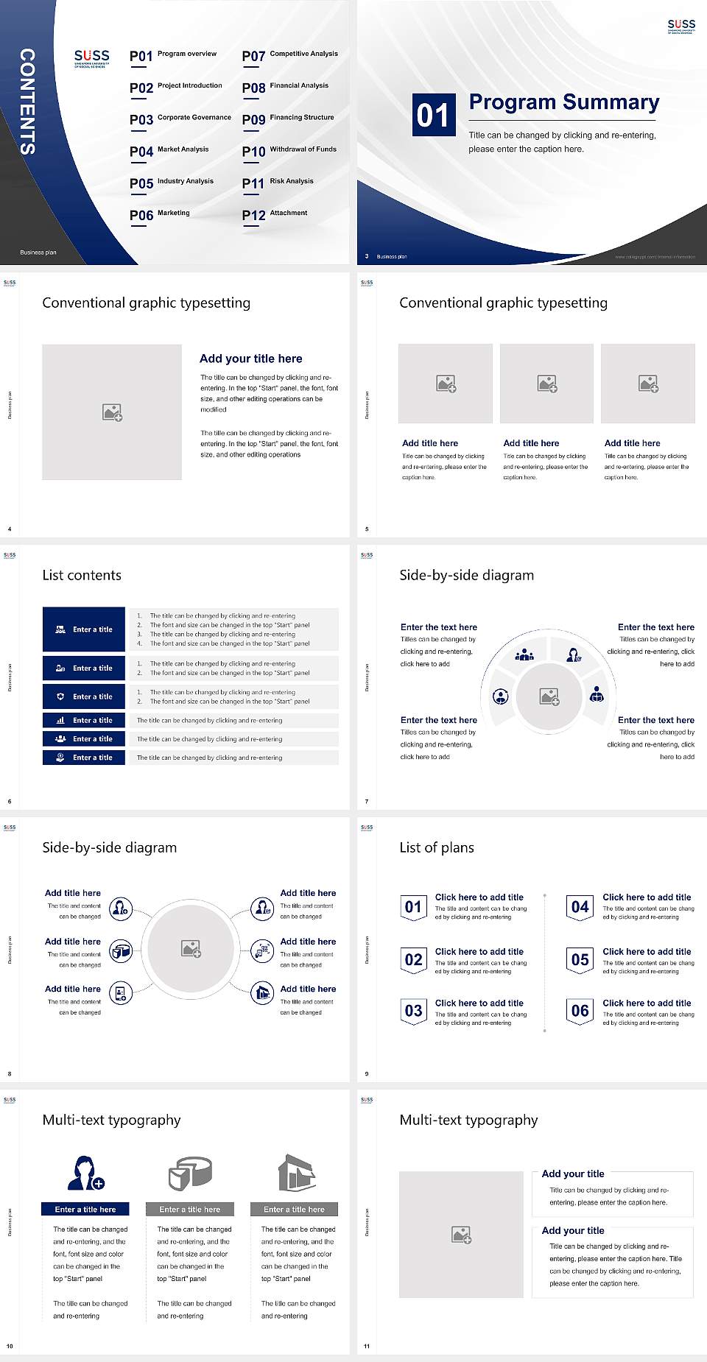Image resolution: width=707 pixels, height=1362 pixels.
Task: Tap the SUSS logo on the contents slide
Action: click(x=91, y=57)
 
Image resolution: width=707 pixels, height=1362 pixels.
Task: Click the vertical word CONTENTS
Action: click(x=27, y=102)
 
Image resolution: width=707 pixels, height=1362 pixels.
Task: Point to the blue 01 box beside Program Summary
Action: click(x=433, y=115)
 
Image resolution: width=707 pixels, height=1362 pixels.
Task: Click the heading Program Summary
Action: click(x=563, y=102)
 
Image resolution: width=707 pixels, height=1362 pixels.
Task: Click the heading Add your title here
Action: click(x=250, y=359)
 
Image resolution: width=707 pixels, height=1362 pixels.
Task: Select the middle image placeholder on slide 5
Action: click(x=546, y=384)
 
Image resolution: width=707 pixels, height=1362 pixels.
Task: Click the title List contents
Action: click(x=82, y=575)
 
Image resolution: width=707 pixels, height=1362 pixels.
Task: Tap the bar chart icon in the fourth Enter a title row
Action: click(x=60, y=721)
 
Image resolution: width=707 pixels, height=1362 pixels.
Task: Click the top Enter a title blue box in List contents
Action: click(x=84, y=629)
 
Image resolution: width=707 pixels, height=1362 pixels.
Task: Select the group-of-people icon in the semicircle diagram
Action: click(x=524, y=654)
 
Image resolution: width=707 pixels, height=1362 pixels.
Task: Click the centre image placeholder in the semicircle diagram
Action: click(x=549, y=696)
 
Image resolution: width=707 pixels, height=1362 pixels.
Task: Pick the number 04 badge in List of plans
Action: click(x=580, y=907)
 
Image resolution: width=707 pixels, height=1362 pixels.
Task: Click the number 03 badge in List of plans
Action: click(x=413, y=1011)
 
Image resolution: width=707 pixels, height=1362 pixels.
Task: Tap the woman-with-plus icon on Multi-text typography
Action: click(x=85, y=1173)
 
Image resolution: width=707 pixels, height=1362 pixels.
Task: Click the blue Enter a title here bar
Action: click(x=85, y=1209)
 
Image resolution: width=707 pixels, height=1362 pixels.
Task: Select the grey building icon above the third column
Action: click(x=296, y=1173)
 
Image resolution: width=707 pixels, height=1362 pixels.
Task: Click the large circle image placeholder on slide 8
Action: click(x=191, y=948)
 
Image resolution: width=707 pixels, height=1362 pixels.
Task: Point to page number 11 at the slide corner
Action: click(x=367, y=1347)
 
